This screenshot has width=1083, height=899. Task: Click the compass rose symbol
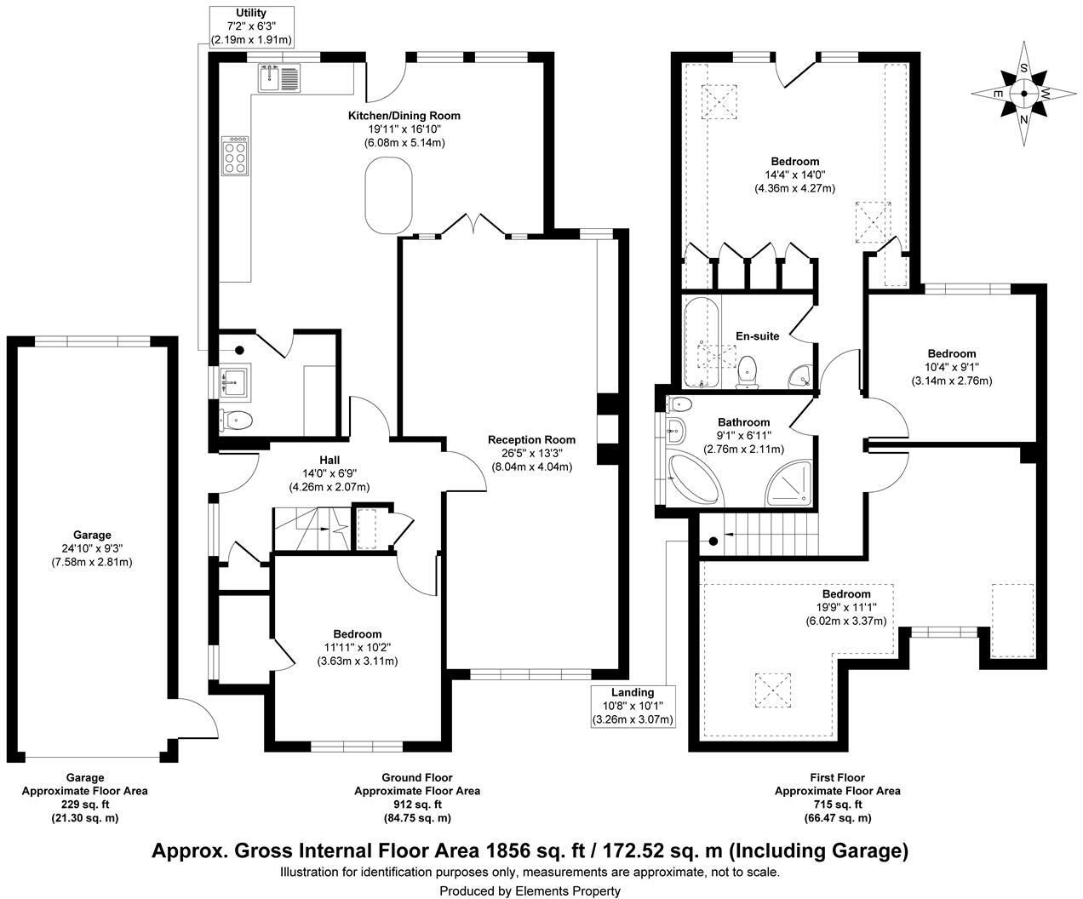click(x=1023, y=94)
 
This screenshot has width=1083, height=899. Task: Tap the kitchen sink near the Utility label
click(x=278, y=77)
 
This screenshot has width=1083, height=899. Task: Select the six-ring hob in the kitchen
click(x=235, y=156)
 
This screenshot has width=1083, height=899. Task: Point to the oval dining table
click(x=389, y=196)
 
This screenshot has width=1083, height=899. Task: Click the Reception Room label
click(x=531, y=440)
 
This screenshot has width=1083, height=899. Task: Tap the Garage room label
click(x=92, y=535)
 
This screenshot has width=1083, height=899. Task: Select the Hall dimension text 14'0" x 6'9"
click(x=329, y=473)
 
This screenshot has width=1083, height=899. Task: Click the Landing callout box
click(x=633, y=706)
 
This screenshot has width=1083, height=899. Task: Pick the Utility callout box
click(x=251, y=26)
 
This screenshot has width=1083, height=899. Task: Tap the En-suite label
click(x=757, y=336)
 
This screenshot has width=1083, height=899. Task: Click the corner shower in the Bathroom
click(x=788, y=483)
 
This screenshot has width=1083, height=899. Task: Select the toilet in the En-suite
click(x=748, y=371)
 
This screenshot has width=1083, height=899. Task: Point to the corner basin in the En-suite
click(x=799, y=377)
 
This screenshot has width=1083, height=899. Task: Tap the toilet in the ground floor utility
click(x=236, y=421)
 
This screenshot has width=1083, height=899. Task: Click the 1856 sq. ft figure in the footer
click(x=534, y=850)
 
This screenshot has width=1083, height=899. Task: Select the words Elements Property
click(x=567, y=891)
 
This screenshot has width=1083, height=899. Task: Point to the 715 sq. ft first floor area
click(x=838, y=805)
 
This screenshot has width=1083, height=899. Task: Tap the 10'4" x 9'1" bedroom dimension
click(x=952, y=367)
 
